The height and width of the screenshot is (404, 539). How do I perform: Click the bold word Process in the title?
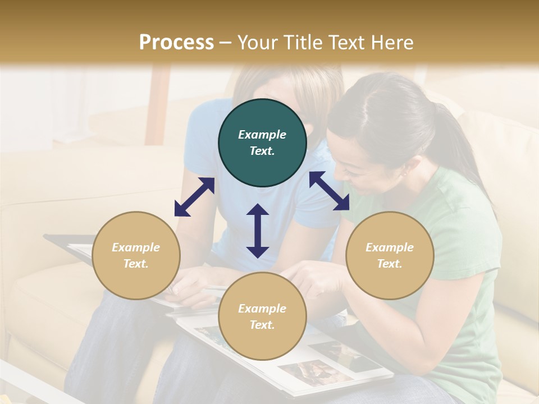point(176,43)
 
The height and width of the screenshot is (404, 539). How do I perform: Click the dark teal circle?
point(262,143)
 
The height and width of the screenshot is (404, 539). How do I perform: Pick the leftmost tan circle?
point(136,255)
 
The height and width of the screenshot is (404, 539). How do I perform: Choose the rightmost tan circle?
point(390,255)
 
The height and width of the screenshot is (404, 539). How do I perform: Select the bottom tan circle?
point(262,316)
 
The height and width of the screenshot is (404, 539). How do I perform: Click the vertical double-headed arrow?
point(258,231)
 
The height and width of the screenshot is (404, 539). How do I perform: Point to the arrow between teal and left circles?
point(194,197)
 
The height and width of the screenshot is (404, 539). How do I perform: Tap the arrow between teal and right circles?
point(330,191)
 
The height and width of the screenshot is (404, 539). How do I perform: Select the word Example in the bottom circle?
point(262,308)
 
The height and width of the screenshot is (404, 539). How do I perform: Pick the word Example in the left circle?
point(136,247)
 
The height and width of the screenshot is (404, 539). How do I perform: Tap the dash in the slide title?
point(225,43)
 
